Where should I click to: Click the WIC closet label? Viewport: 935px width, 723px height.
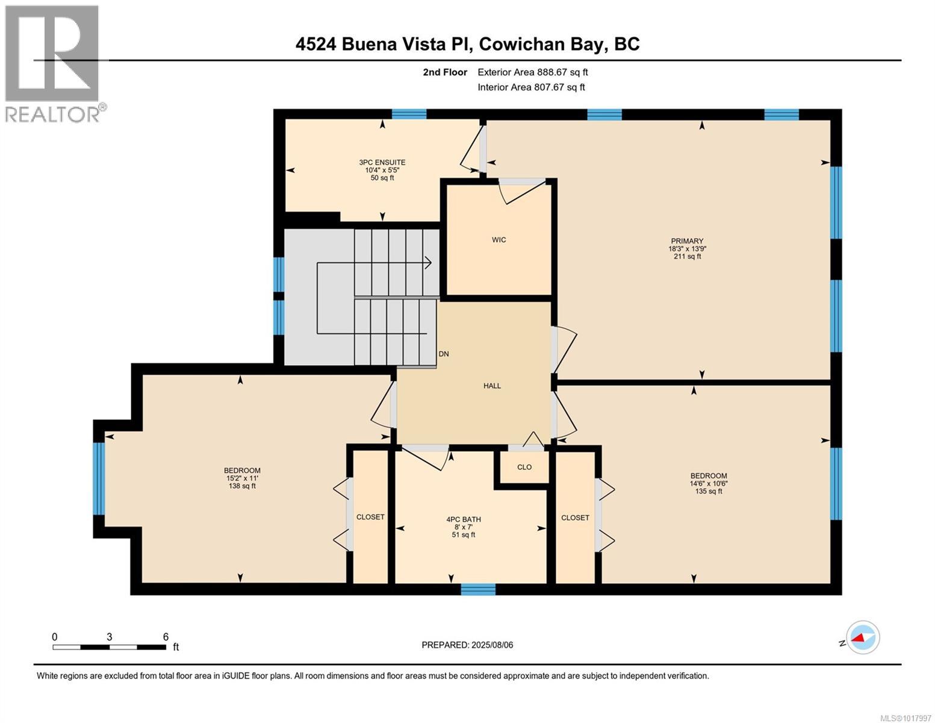(499, 240)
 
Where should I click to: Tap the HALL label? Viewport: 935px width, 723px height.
(492, 386)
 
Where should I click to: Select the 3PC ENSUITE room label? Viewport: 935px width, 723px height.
(382, 162)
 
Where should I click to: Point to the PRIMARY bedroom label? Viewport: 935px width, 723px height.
(687, 241)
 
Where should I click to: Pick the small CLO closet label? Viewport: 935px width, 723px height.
(524, 467)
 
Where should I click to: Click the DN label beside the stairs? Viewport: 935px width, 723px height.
(444, 354)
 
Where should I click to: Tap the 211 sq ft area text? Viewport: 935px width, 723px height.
(687, 257)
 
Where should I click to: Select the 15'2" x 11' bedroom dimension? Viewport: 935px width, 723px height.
(242, 478)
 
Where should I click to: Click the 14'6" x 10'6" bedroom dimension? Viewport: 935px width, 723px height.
(709, 483)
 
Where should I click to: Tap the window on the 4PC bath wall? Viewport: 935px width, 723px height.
(478, 589)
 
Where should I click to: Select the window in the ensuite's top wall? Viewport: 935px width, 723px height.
(409, 114)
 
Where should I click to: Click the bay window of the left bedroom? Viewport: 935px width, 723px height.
(99, 478)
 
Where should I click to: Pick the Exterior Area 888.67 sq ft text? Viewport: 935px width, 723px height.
(532, 72)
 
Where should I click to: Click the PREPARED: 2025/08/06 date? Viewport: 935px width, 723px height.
(467, 645)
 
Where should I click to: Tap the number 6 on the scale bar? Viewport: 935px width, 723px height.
(166, 637)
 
